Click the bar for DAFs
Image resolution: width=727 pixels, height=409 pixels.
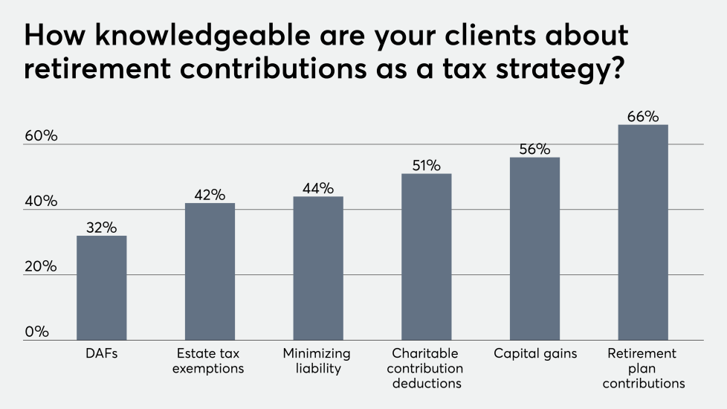(101, 288)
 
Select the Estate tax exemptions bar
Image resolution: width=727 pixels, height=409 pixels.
(210, 271)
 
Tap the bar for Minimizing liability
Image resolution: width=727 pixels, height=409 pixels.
(317, 268)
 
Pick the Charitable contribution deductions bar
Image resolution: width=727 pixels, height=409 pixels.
(426, 257)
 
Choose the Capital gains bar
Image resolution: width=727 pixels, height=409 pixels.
(534, 248)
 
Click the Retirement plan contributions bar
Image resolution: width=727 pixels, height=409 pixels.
(643, 232)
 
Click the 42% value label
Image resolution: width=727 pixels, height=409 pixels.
(210, 195)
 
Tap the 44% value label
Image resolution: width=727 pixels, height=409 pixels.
(317, 188)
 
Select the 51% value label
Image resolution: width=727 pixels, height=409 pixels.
(426, 165)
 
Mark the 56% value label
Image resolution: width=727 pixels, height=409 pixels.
(534, 149)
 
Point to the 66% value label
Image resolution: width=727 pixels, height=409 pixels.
(643, 116)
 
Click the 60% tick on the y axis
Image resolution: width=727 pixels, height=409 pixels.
(41, 137)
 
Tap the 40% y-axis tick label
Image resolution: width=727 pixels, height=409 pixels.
(41, 202)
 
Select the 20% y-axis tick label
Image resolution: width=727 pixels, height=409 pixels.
(41, 266)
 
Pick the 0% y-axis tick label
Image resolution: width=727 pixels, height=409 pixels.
(36, 332)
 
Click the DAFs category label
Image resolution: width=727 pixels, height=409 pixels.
(101, 354)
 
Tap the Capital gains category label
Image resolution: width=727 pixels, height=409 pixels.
(534, 354)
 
